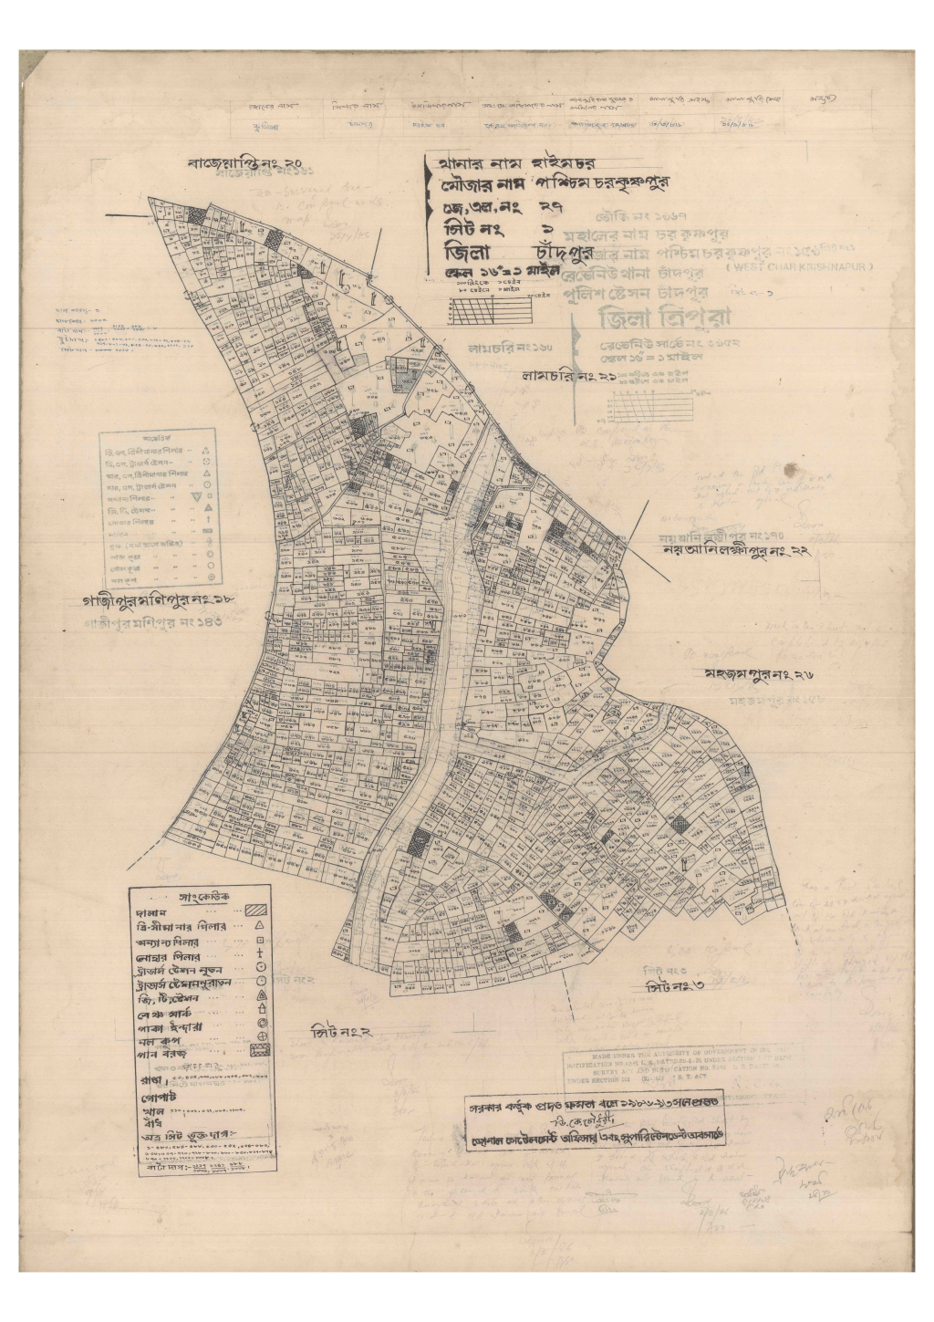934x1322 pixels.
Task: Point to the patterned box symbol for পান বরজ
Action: pyautogui.click(x=261, y=1052)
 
